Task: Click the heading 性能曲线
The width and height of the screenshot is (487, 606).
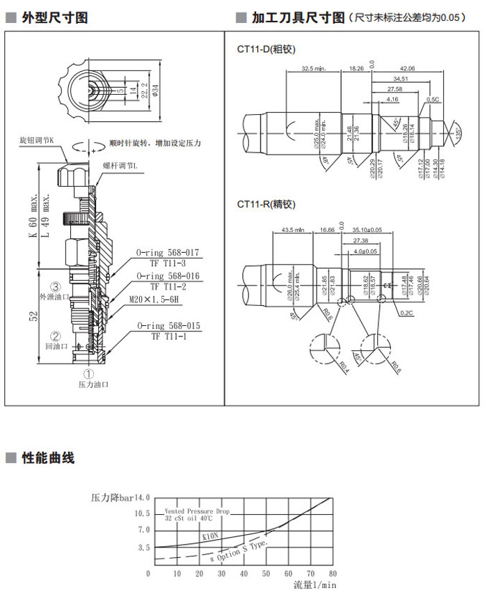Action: click(x=48, y=458)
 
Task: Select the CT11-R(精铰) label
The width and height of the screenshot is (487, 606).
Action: click(x=266, y=204)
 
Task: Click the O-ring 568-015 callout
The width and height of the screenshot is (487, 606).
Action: click(x=168, y=325)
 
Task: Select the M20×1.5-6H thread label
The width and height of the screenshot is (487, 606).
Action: click(x=154, y=300)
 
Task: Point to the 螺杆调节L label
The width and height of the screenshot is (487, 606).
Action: click(x=120, y=165)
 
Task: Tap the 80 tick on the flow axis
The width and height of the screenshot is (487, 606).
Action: click(x=333, y=573)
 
